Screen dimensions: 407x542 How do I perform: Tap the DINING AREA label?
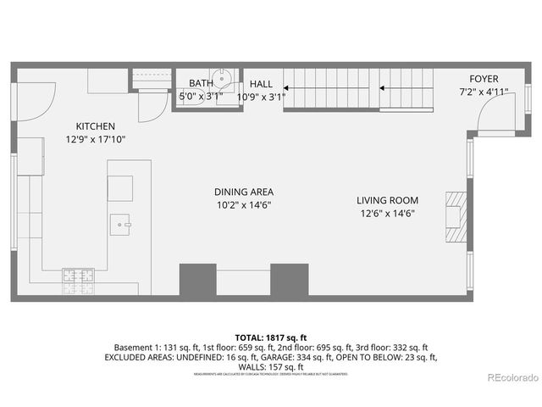(243, 192)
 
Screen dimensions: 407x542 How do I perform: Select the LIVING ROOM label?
(387, 200)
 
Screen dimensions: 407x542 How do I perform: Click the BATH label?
(201, 83)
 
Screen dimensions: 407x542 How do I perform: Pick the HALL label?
(261, 84)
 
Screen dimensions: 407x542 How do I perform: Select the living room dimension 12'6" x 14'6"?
(387, 213)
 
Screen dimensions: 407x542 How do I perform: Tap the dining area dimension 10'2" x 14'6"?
(243, 204)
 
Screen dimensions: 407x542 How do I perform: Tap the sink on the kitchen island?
(120, 225)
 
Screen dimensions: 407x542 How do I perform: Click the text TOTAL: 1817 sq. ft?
(271, 337)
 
